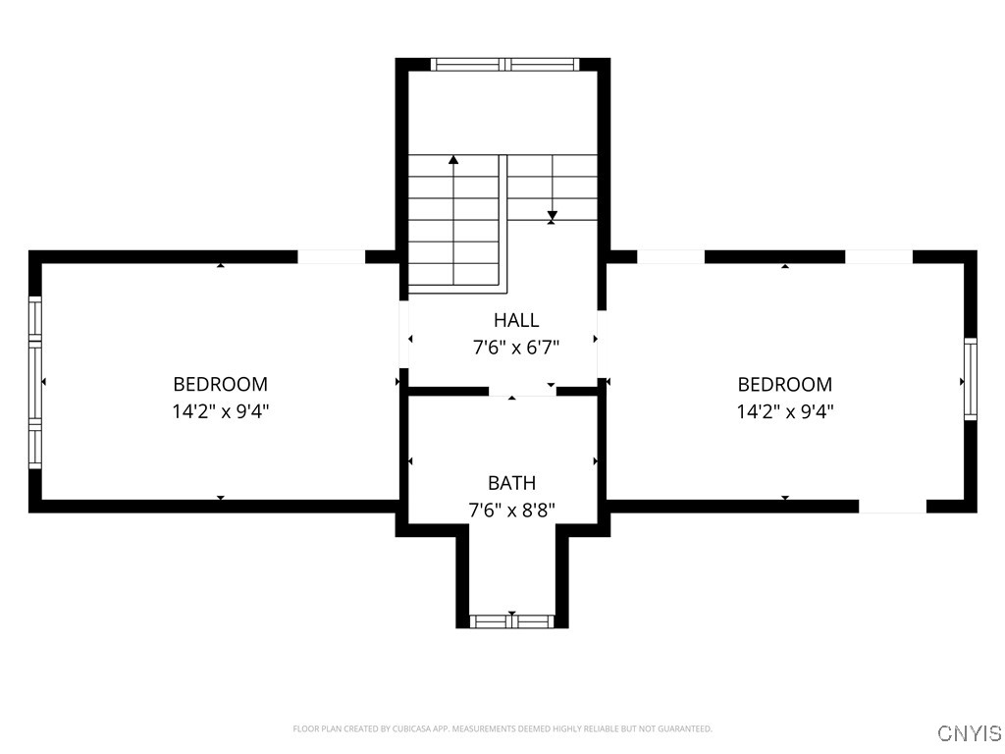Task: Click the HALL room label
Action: [515, 320]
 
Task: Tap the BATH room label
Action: [511, 483]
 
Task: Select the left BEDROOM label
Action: [220, 384]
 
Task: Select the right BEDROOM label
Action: [784, 384]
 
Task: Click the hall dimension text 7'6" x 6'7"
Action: [515, 347]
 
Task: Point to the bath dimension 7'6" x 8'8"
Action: [511, 510]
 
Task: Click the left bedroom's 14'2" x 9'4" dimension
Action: [220, 411]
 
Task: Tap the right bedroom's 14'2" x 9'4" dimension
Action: [784, 411]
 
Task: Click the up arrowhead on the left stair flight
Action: [453, 159]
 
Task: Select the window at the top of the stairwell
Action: [505, 65]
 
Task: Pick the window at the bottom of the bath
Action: [511, 620]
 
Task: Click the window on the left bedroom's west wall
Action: [35, 382]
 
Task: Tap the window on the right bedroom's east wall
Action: [970, 379]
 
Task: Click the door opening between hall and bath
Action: [522, 391]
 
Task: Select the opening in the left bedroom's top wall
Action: [331, 257]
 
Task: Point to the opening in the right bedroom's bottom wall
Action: [892, 507]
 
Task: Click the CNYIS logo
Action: [969, 733]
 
